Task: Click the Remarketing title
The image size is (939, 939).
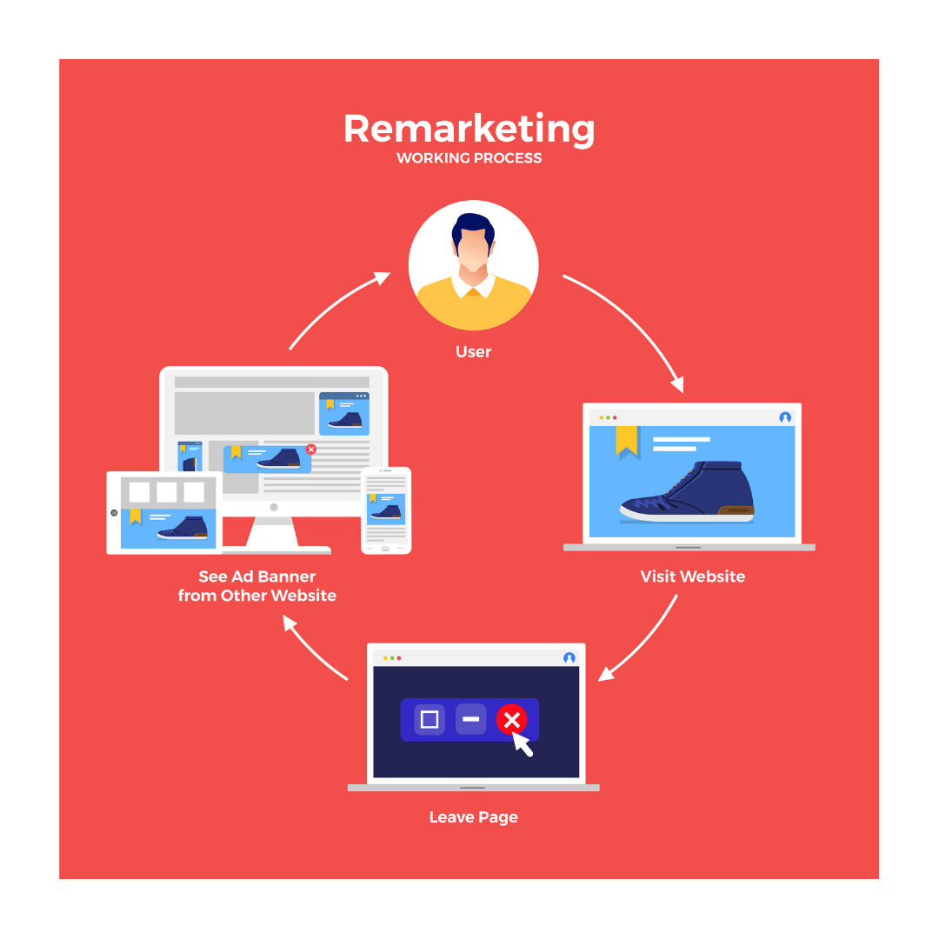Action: tap(469, 130)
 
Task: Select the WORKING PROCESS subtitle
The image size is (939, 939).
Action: tap(469, 158)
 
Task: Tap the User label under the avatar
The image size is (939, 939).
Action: tap(473, 351)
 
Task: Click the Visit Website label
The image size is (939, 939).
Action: tap(692, 576)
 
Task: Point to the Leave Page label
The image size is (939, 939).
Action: tap(473, 817)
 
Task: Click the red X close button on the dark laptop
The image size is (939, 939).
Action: tap(511, 719)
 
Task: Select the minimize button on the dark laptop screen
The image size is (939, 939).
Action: tap(470, 719)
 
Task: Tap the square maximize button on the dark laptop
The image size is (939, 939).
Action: tap(430, 719)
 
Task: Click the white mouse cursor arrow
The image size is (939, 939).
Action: tap(522, 743)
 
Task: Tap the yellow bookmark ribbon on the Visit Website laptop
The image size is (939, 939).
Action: tap(627, 442)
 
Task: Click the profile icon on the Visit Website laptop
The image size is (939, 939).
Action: tap(785, 417)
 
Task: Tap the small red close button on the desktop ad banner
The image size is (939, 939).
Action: tap(310, 450)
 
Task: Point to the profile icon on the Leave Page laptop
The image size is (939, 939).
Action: tap(569, 657)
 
